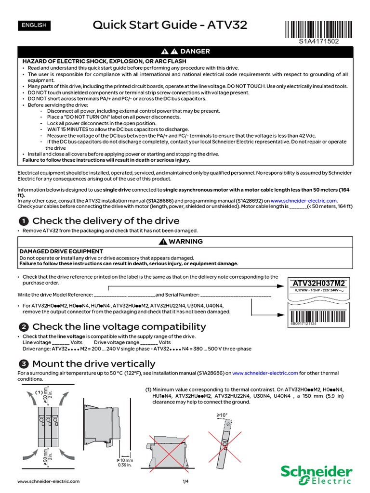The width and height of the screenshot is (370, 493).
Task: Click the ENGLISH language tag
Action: click(34, 25)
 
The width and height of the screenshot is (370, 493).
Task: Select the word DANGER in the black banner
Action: click(195, 52)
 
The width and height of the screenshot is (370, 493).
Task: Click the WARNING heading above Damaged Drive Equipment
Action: click(185, 241)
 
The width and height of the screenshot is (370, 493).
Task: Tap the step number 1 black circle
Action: click(23, 221)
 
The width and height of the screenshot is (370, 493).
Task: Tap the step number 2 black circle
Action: click(23, 327)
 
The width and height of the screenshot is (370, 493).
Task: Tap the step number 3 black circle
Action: click(23, 364)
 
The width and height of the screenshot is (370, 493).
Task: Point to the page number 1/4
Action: click(185, 481)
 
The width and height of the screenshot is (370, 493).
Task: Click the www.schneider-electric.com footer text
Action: click(48, 481)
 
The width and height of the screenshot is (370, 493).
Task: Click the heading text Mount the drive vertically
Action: click(94, 364)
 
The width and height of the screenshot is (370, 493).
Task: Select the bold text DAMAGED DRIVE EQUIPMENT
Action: click(61, 251)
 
